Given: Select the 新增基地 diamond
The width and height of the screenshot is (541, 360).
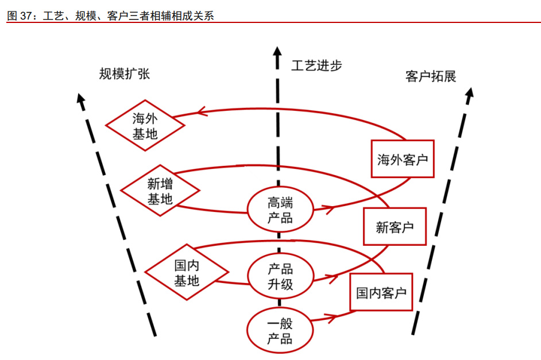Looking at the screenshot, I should coord(160,192).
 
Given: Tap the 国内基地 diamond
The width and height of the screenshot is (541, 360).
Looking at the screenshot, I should coord(187,273).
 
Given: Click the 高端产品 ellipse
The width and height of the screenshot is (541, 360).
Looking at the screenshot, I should coord(280,210).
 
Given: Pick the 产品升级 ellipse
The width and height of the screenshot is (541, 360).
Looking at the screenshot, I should coord(280,276).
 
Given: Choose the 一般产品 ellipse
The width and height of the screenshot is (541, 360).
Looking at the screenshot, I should coord(279,331).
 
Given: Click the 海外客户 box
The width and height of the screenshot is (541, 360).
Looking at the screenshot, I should coord(403,159).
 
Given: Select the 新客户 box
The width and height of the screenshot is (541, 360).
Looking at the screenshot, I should coord(395,227).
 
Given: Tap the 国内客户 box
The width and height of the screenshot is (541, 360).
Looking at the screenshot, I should coord(381,293).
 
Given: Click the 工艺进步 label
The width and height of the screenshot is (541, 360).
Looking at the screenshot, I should coord(316,65).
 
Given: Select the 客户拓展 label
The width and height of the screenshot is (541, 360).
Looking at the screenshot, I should coord(431,77).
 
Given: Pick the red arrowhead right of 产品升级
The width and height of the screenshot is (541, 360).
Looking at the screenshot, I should coord(332,277).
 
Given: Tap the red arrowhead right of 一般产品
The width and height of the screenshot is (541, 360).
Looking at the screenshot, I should coord(331,316).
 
